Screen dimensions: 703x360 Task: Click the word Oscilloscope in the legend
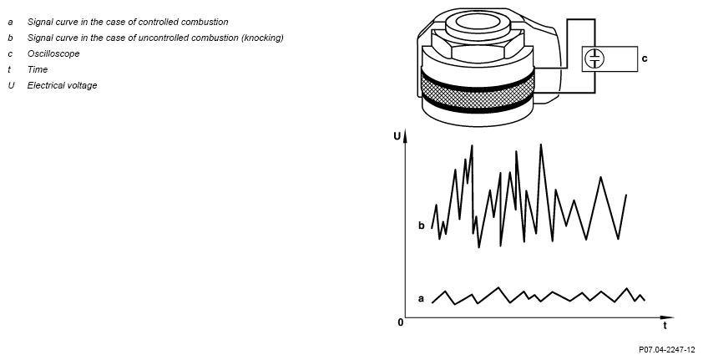[53, 53]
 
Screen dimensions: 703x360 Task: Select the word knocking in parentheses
[262, 38]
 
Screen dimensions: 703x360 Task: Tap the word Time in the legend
[38, 69]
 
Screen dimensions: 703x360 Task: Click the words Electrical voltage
[62, 85]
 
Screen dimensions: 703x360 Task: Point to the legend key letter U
[11, 85]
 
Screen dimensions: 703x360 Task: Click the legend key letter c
[10, 53]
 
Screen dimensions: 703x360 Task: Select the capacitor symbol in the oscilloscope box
[594, 58]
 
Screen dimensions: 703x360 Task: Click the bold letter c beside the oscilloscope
[645, 58]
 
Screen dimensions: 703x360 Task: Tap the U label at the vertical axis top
[397, 136]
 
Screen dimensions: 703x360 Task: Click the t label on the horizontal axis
[665, 326]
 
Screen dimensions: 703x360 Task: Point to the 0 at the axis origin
[401, 322]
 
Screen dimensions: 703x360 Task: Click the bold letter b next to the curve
[421, 225]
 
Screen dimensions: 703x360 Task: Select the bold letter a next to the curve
[421, 298]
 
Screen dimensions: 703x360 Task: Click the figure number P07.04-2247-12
[667, 350]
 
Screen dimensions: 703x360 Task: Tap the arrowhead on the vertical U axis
[405, 135]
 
